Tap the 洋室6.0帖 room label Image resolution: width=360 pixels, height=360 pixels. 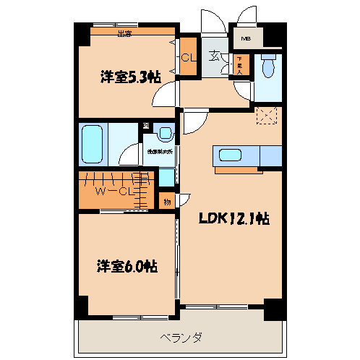pos(127,265)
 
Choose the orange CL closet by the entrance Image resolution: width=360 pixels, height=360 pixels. pos(189,58)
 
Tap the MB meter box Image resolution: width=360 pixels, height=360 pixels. pos(246,38)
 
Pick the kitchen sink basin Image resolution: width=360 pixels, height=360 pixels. pos(231,155)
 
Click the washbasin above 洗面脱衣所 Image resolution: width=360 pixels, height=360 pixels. pos(164,134)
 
